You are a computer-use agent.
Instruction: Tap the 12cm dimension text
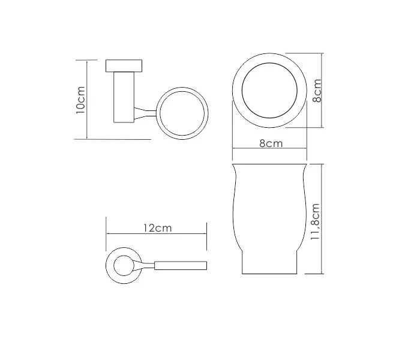[x=157, y=229]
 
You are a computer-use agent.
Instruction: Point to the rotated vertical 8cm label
[x=317, y=91]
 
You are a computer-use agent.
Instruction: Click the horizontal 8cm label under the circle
[x=271, y=143]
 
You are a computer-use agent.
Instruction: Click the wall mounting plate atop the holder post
[x=125, y=65]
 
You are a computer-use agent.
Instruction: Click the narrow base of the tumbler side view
[x=270, y=264]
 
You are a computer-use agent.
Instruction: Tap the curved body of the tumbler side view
[x=270, y=204]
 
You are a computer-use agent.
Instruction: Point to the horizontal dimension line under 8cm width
[x=270, y=150]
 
